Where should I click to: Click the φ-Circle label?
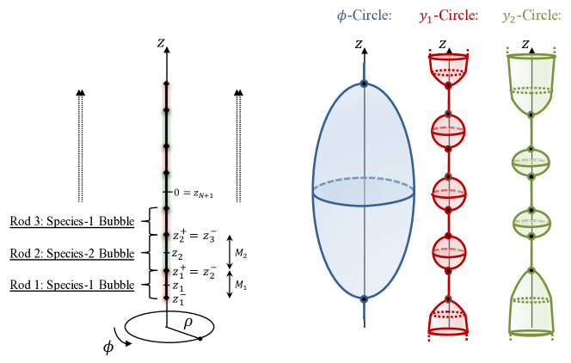point(364,16)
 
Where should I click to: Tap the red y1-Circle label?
point(448,16)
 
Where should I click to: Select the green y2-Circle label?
point(531,16)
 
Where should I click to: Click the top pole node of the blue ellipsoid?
point(364,83)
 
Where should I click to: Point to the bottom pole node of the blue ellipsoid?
point(364,298)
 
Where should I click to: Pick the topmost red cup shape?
point(448,68)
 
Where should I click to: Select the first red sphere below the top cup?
point(448,132)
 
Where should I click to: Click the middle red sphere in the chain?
point(448,193)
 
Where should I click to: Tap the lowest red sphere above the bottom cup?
point(448,253)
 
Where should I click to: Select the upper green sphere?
point(531,162)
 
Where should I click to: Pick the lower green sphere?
point(531,224)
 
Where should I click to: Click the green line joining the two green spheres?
point(531,193)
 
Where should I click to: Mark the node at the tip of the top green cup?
point(531,114)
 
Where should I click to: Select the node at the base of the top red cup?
point(448,86)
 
